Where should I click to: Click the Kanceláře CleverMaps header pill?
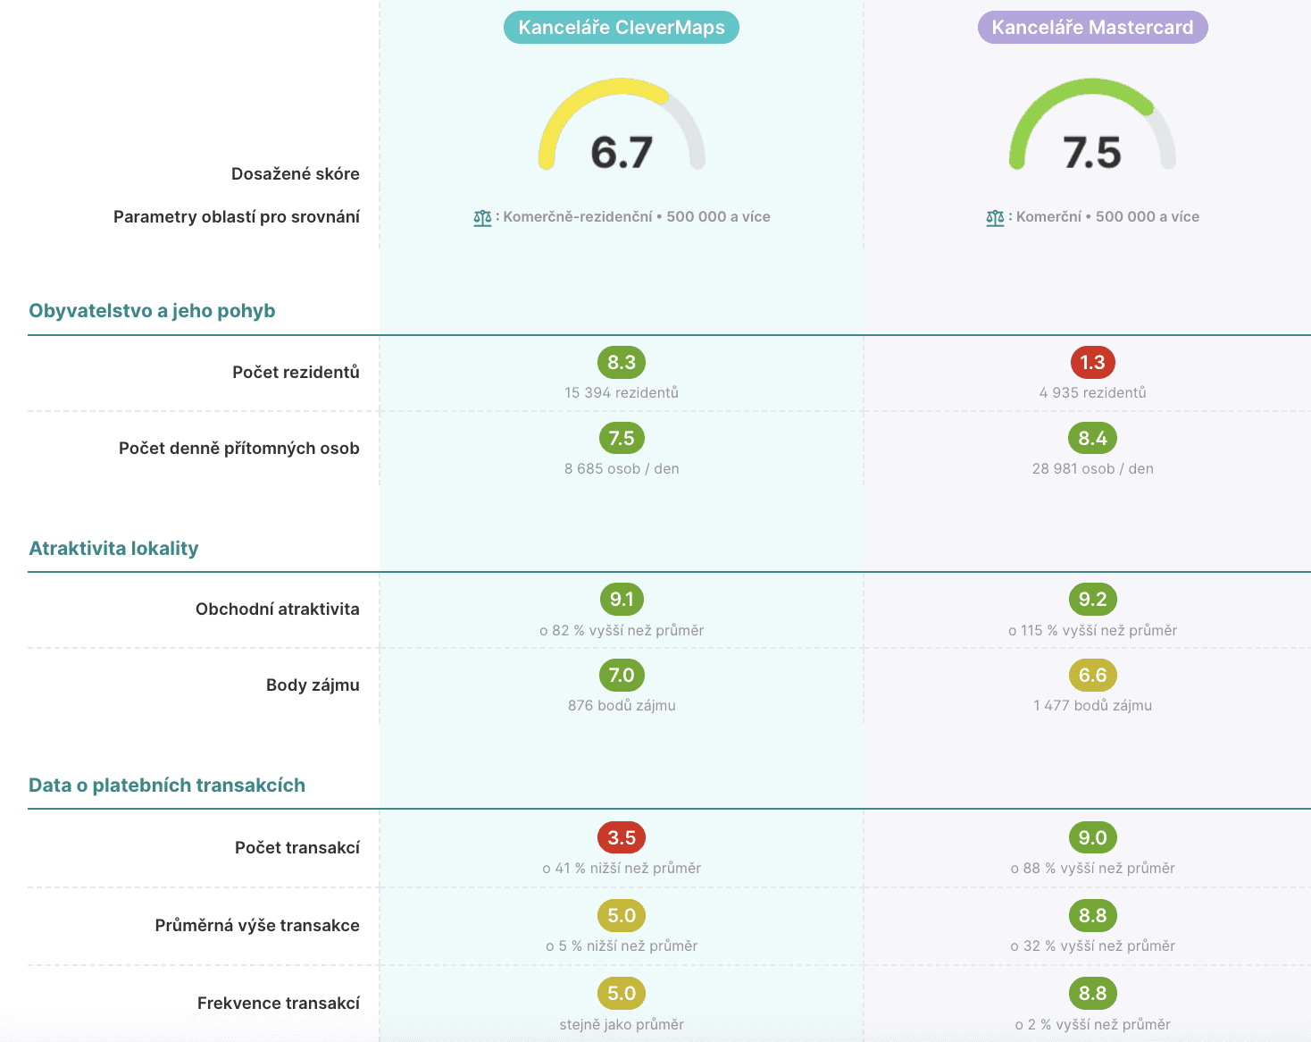[x=622, y=28]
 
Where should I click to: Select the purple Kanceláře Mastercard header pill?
[x=1092, y=28]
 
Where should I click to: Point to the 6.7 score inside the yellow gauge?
[x=622, y=153]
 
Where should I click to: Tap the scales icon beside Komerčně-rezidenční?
[x=482, y=217]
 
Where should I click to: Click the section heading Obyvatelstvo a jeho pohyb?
[x=152, y=311]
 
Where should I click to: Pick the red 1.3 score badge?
[x=1092, y=363]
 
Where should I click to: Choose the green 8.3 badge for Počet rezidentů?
[x=622, y=363]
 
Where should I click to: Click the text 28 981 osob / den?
[x=1092, y=469]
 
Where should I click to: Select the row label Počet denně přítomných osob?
[x=238, y=449]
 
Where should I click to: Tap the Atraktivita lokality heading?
[x=113, y=549]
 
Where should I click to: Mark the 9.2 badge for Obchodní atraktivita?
[x=1092, y=600]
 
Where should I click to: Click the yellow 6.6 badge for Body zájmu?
[x=1092, y=676]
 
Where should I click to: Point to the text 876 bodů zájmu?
[x=622, y=706]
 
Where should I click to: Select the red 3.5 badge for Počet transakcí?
[x=622, y=838]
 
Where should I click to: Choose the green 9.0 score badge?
[x=1092, y=838]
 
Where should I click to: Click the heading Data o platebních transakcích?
[x=167, y=786]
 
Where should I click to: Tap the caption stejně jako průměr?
[x=622, y=1025]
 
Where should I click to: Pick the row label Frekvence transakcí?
[x=278, y=1004]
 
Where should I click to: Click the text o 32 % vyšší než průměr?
[x=1092, y=946]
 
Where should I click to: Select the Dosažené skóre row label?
[x=295, y=174]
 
